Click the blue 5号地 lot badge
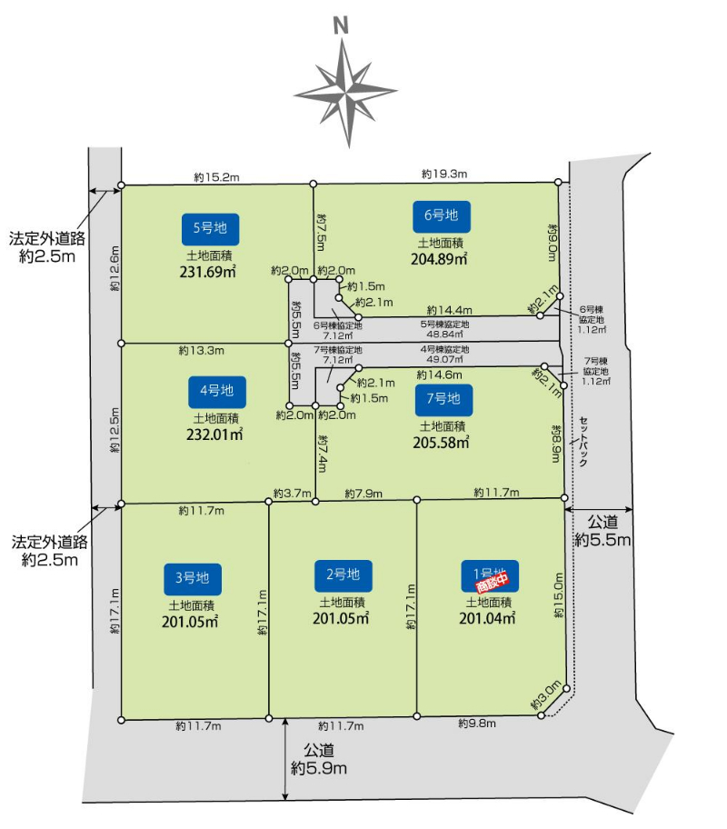click(x=210, y=229)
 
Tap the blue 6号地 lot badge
click(x=442, y=216)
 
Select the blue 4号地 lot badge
click(x=217, y=392)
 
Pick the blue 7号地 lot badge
click(x=443, y=400)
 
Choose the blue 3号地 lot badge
click(x=193, y=579)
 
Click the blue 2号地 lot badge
click(x=344, y=575)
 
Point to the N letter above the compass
click(x=342, y=25)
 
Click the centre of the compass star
click(x=346, y=94)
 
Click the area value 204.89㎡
click(x=439, y=260)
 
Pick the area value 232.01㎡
click(x=214, y=434)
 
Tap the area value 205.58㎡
click(x=441, y=443)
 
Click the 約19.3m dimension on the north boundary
click(x=444, y=174)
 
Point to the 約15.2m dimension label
click(x=217, y=177)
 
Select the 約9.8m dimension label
click(x=477, y=724)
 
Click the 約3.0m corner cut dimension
click(x=545, y=695)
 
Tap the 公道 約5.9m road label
click(x=319, y=759)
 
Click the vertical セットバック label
click(x=583, y=442)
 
